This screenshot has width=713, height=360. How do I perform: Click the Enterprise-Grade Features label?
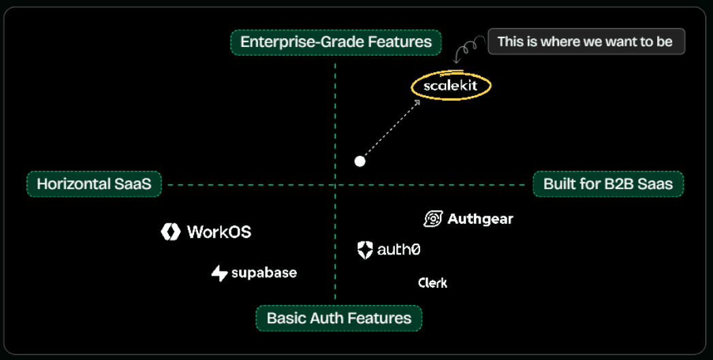coord(336,42)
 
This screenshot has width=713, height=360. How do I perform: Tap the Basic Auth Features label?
coord(338,318)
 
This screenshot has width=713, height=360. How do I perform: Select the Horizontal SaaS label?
coord(94,184)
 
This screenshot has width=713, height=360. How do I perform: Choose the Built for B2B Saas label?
coord(607,184)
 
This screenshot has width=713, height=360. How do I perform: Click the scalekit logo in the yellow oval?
coord(451,86)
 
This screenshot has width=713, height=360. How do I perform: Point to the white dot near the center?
coord(360,161)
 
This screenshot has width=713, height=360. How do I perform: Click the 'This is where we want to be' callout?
coord(585,42)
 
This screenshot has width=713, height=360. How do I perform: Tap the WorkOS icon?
coord(170,232)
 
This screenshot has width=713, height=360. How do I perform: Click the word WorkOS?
coord(219,232)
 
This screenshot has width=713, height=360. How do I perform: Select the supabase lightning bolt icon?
coord(219,274)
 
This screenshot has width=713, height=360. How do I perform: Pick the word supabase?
coord(264,273)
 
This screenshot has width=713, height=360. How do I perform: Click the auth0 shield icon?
coord(366,250)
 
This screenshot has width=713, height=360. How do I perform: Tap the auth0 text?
coord(399,250)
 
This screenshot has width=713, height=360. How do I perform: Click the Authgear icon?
coord(433,218)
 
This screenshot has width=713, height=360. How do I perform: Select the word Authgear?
coord(480,219)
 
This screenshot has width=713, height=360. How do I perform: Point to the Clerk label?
coord(432,282)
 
